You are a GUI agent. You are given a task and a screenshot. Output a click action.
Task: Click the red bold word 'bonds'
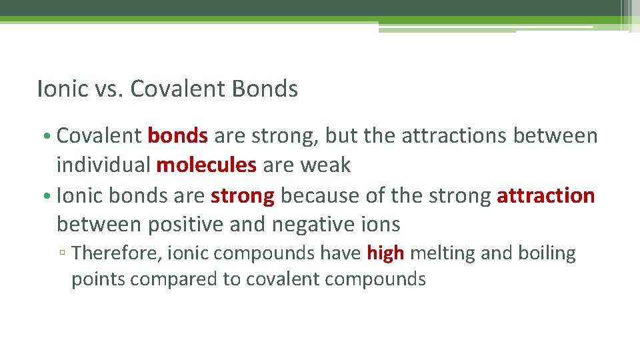(178, 136)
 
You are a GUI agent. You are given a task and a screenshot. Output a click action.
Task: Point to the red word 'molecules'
(207, 165)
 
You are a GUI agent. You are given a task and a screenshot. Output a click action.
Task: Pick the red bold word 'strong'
(243, 196)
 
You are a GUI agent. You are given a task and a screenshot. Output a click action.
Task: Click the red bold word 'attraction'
(546, 196)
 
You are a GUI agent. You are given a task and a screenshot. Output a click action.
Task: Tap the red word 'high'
(385, 253)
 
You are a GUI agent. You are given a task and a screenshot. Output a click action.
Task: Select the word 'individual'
(104, 165)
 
